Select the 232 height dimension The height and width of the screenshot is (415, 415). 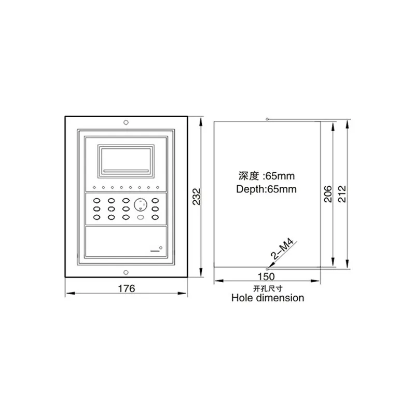[x=196, y=196]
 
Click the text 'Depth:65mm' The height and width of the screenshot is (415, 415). [x=267, y=189]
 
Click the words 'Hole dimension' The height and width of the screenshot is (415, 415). [x=268, y=298]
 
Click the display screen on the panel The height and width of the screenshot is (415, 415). [x=126, y=159]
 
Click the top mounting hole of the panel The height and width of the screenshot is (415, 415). [x=126, y=123]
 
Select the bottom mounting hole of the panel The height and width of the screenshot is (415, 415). [x=126, y=271]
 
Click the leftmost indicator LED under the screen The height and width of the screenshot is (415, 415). [x=94, y=187]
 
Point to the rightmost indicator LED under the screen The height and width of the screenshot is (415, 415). [x=157, y=187]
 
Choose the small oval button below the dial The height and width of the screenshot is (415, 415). [x=141, y=218]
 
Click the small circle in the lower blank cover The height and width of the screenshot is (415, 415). [x=161, y=248]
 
